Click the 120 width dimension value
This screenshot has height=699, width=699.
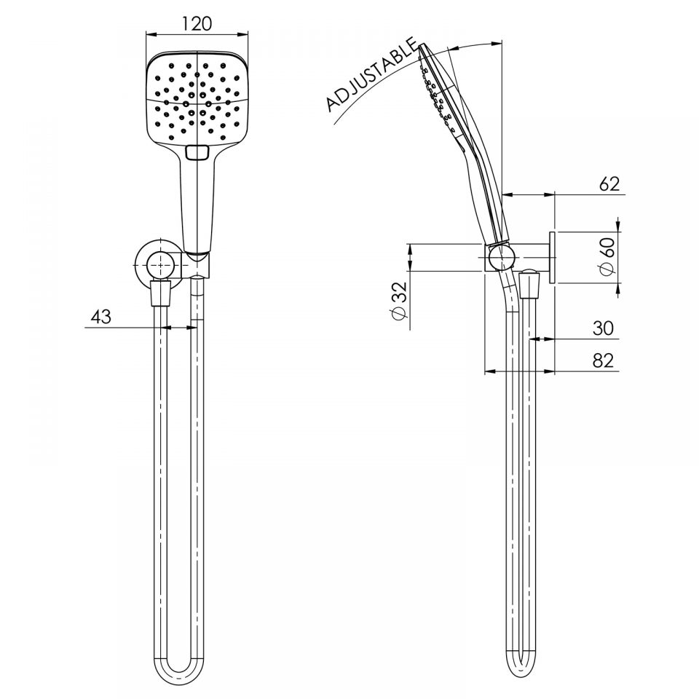[197, 23]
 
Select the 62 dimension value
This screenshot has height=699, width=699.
[609, 183]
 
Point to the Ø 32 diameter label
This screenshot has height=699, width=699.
[398, 302]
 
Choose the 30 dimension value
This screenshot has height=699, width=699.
[603, 328]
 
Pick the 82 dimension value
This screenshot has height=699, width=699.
[603, 360]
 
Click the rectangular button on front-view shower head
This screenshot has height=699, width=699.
[197, 153]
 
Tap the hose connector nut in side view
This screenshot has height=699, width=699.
[530, 285]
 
